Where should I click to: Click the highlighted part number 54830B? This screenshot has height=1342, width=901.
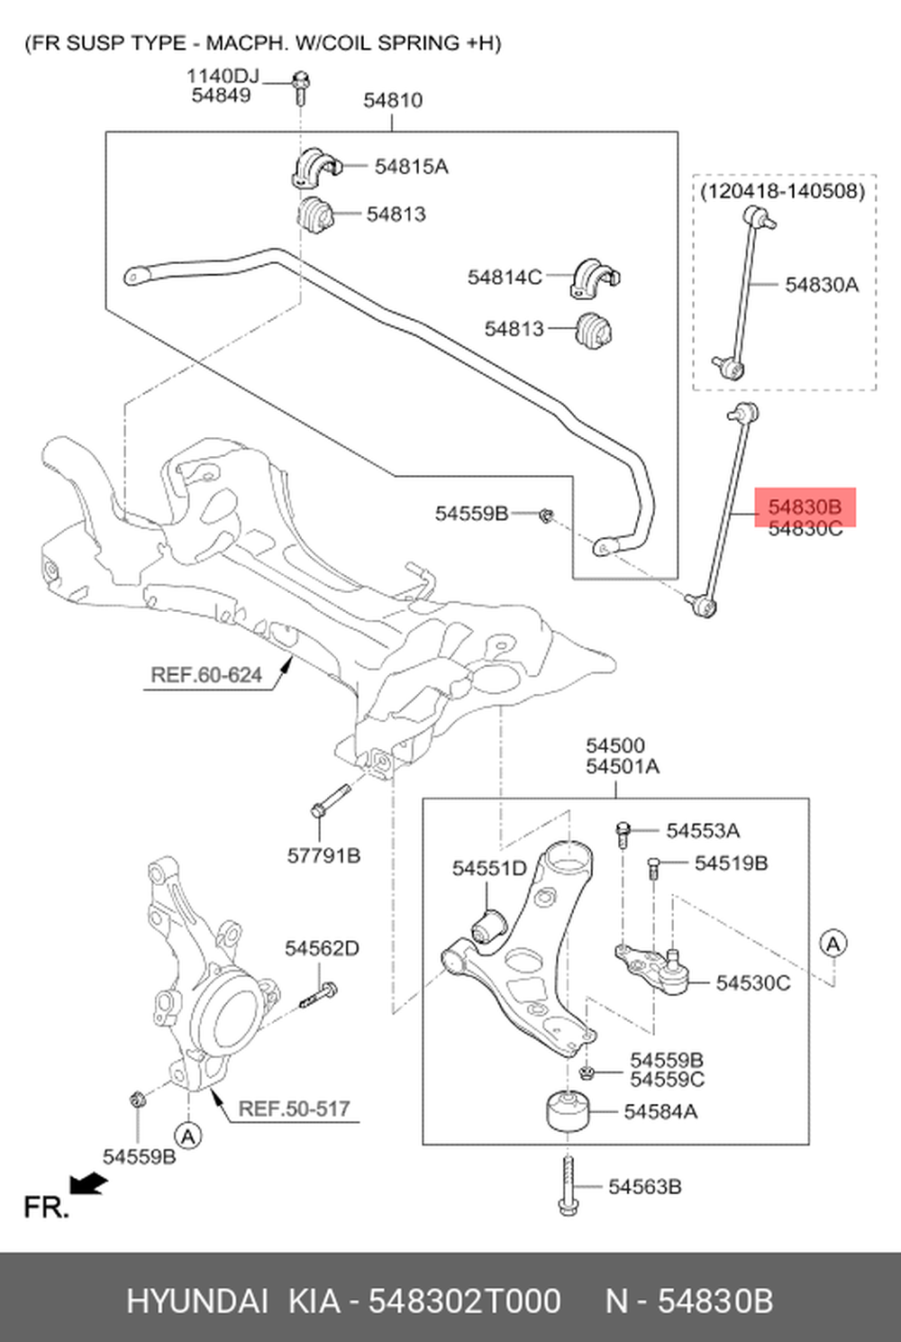click(804, 507)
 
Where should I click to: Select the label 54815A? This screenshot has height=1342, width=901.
click(411, 167)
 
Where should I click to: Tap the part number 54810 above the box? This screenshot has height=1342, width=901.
click(393, 100)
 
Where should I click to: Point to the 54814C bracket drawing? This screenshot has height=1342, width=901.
click(594, 278)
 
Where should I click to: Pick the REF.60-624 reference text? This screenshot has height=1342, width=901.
click(206, 675)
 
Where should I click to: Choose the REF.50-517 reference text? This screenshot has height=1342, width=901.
click(294, 1109)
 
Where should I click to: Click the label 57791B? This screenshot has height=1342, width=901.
click(323, 855)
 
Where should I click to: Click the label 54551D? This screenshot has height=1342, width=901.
click(489, 869)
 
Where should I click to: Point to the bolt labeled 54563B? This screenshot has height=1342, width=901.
click(567, 1186)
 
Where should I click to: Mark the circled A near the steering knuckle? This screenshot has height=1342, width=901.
click(187, 1136)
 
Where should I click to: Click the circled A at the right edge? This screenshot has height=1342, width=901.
click(833, 944)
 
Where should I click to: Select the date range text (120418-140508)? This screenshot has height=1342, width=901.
click(782, 191)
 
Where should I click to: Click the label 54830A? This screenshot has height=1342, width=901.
click(822, 286)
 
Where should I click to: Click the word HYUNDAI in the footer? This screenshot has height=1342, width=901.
click(197, 1301)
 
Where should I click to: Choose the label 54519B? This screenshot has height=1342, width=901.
click(731, 863)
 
